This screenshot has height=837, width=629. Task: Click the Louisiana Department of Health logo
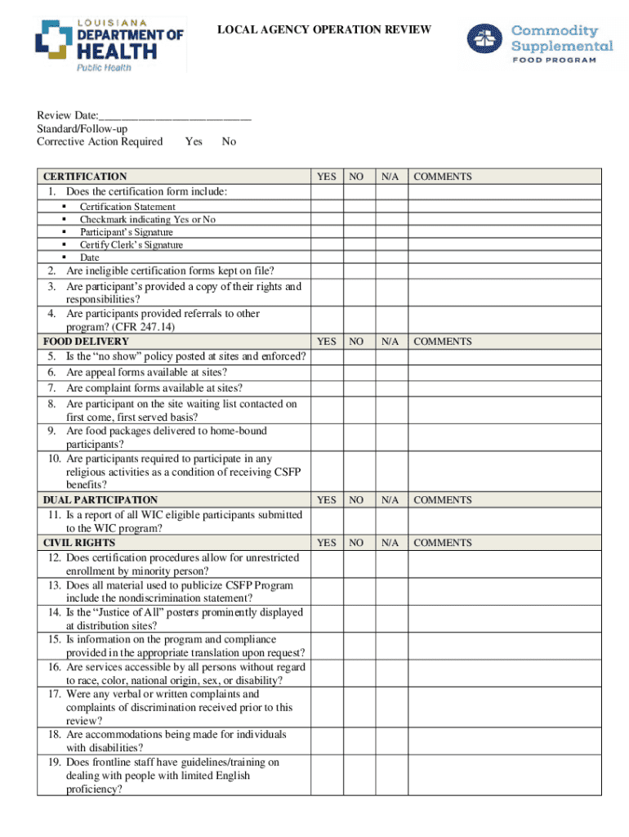pos(111,45)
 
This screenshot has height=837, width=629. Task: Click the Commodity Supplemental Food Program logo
pos(539,42)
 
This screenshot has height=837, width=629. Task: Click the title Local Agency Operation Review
pos(323,30)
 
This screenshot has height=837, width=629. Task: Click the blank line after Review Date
pos(175,116)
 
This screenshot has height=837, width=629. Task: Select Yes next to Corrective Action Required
pos(194,141)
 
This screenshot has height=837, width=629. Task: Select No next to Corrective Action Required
pos(229,141)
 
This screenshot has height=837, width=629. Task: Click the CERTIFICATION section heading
pos(85,177)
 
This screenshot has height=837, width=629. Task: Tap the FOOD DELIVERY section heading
pos(86,342)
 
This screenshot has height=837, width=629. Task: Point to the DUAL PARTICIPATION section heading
pos(100,499)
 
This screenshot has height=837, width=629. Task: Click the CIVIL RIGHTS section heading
pos(79,543)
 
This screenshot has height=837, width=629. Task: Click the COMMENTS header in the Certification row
pos(442,177)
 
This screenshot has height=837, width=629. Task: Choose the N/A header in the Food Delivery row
pos(390,342)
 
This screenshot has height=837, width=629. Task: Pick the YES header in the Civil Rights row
pos(326,543)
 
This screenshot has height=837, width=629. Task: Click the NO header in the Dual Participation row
pos(356,499)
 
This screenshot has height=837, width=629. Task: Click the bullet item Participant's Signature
pos(126,232)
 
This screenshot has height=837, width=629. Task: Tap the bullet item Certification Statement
pos(127,207)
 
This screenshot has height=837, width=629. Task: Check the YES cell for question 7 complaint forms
pos(326,388)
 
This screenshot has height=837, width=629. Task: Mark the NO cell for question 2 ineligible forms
pos(356,271)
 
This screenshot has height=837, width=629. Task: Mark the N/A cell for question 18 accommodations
pos(390,741)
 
